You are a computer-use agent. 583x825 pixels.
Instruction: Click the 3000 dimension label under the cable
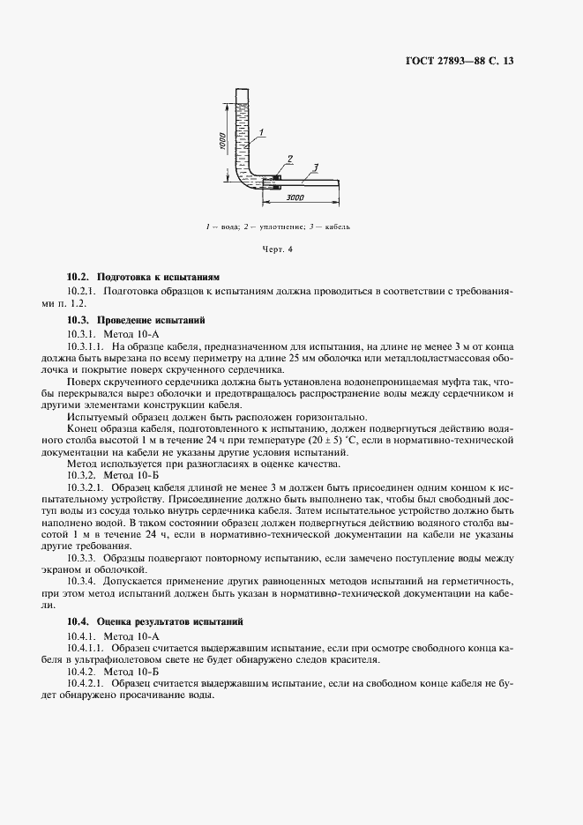(295, 197)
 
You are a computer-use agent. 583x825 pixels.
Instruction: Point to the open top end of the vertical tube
(242, 88)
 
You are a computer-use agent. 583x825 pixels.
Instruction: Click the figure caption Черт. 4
(278, 249)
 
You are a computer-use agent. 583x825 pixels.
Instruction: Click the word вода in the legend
(230, 227)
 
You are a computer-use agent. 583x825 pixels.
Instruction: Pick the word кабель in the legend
(337, 227)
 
